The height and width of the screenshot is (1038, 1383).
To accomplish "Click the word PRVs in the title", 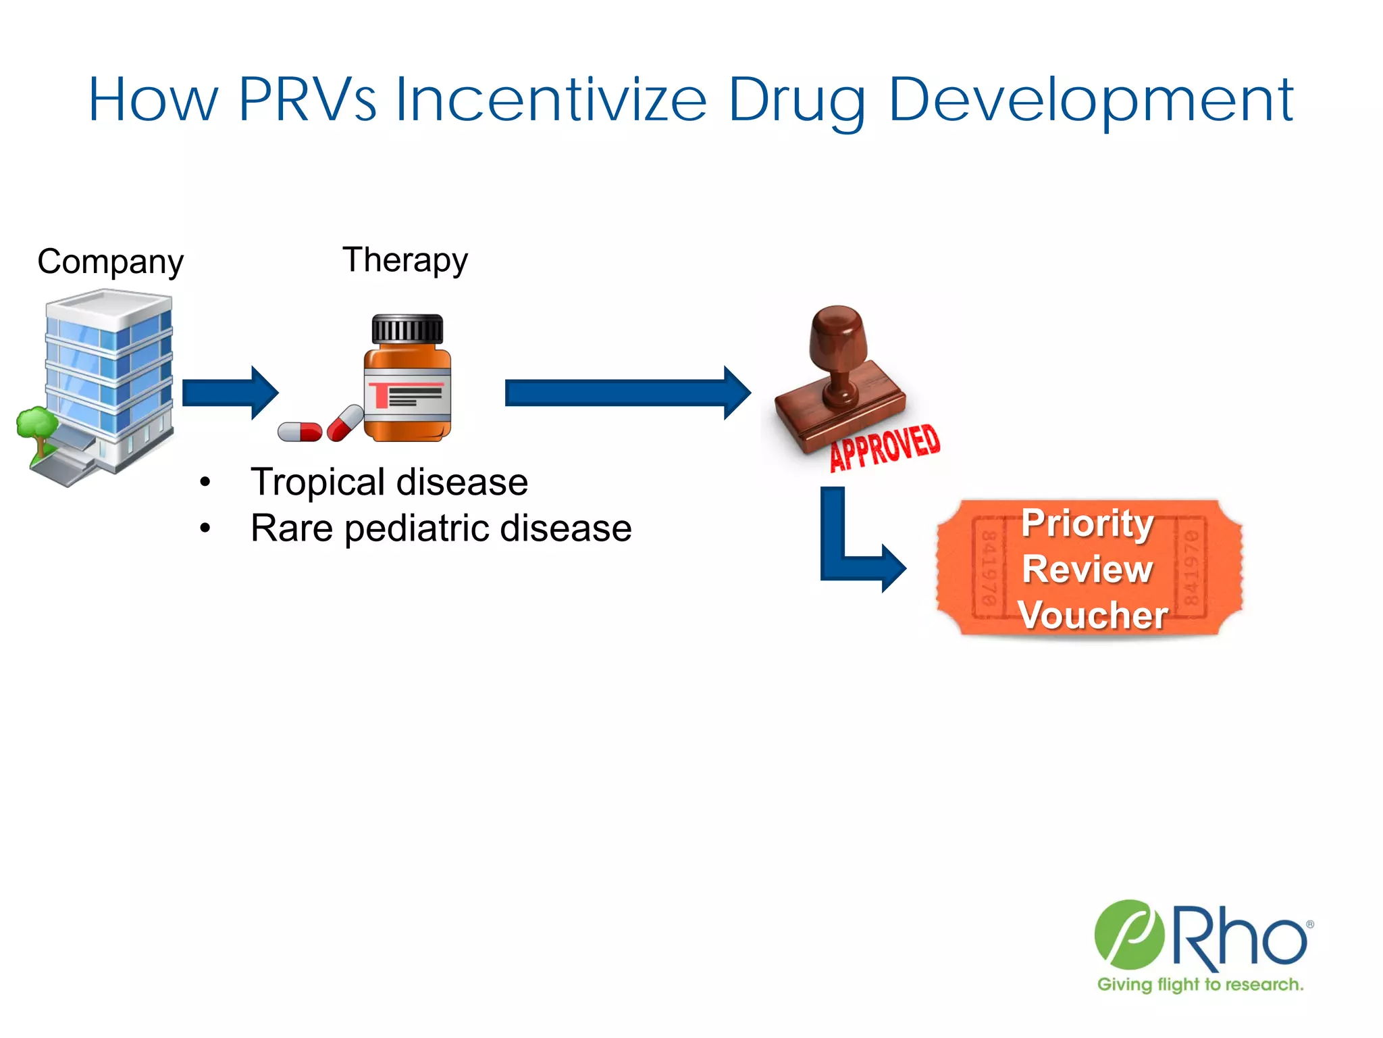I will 307,100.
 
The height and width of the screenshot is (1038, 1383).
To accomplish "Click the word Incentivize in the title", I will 550,100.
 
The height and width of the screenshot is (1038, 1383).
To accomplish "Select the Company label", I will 110,262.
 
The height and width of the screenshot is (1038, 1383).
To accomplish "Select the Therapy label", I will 405,261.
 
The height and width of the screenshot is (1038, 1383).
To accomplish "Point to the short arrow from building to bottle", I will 230,393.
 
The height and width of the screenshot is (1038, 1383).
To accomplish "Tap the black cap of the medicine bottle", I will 407,330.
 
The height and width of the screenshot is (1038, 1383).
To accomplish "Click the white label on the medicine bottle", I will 408,395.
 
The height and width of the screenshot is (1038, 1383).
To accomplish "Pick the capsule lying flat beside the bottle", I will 300,431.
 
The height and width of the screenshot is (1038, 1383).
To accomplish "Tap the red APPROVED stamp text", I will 885,447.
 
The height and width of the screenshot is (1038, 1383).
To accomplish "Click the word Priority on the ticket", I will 1087,524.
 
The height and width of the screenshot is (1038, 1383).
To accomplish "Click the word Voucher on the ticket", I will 1093,615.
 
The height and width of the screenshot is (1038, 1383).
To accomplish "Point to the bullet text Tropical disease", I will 389,483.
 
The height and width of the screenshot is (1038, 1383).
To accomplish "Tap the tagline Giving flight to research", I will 1200,985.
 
